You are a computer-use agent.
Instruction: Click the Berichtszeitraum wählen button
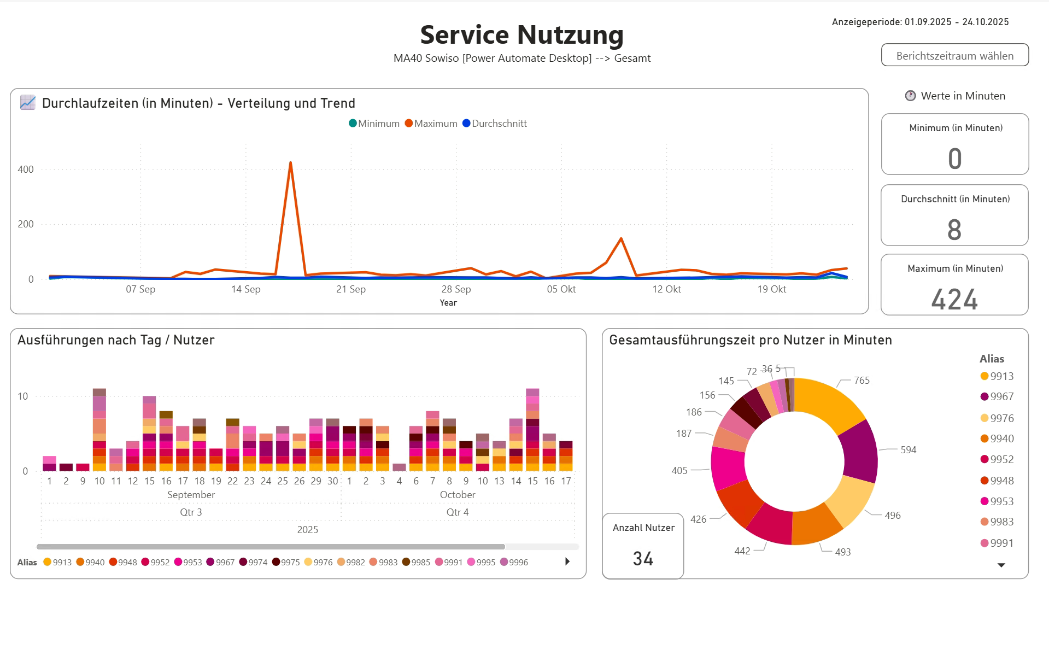point(954,55)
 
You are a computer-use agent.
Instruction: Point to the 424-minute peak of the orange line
point(290,163)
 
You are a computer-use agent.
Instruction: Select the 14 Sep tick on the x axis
point(245,289)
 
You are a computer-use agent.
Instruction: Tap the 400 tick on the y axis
point(26,169)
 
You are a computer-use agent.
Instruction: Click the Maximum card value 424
point(954,300)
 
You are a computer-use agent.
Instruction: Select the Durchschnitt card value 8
point(954,230)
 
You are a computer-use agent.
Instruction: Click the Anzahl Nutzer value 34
point(643,559)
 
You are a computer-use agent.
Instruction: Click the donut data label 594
point(908,450)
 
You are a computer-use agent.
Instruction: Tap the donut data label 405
point(679,471)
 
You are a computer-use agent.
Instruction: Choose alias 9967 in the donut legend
point(1001,397)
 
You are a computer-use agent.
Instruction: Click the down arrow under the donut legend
point(1001,565)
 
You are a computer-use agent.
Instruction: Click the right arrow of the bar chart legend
point(567,562)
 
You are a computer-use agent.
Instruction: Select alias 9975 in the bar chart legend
point(290,563)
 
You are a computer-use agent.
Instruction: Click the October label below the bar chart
point(458,495)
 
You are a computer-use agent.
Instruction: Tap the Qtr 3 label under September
point(191,512)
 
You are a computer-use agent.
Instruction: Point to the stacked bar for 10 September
point(99,432)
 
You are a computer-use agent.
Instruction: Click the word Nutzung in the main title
point(570,34)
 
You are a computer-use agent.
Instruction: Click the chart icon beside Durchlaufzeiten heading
point(27,103)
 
